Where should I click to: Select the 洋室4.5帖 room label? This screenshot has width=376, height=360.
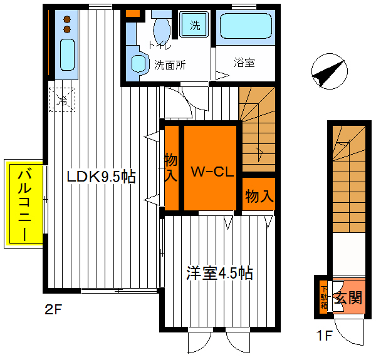(219, 273)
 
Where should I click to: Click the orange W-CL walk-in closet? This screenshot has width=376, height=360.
(211, 169)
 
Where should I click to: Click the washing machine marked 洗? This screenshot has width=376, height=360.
(195, 26)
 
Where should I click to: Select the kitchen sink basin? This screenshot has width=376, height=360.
(66, 54)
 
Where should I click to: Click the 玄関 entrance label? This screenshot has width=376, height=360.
(348, 297)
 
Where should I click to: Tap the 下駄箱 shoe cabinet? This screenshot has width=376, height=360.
(323, 296)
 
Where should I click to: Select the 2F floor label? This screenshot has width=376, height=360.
(53, 309)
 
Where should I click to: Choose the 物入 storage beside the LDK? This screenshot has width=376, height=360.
(170, 168)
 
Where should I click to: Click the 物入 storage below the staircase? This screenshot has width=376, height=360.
(259, 196)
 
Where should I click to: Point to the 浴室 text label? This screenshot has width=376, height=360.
(244, 63)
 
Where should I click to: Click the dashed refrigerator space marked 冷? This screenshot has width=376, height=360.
(62, 100)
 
